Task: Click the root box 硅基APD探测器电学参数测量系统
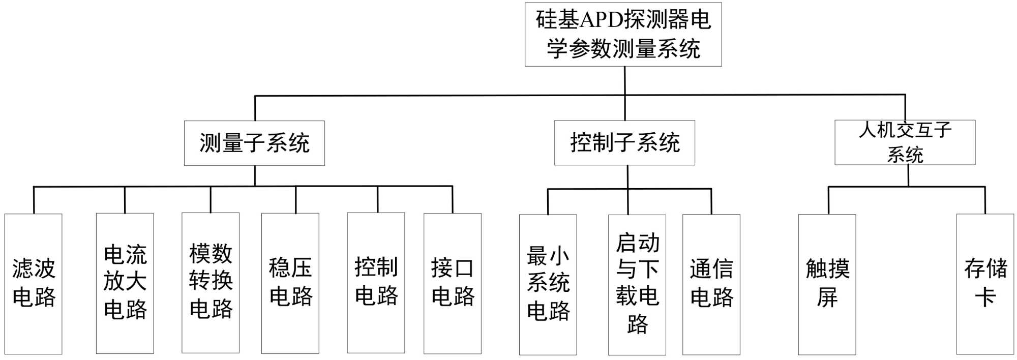tap(623, 35)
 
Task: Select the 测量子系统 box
tap(254, 143)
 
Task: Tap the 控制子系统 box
tap(624, 143)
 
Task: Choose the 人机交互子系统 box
tap(905, 142)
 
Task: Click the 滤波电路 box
tap(34, 284)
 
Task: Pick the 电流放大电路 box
tap(125, 283)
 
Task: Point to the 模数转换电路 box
tap(211, 283)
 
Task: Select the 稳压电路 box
tap(290, 283)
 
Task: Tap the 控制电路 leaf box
tap(376, 283)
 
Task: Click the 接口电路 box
tap(453, 283)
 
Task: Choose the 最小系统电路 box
tap(548, 284)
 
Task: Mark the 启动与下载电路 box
tap(637, 284)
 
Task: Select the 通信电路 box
tap(711, 284)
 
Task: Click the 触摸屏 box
tap(827, 284)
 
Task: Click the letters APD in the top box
tap(602, 20)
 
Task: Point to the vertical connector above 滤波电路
tap(34, 200)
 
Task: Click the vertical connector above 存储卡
tap(985, 200)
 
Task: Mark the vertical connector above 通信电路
tap(711, 201)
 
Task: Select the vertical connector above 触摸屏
tap(828, 200)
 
